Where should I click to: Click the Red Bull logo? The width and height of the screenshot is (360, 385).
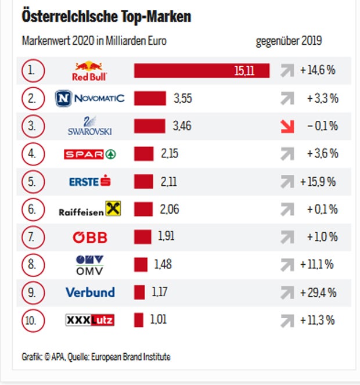[89, 71]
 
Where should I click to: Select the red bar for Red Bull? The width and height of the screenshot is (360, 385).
[201, 71]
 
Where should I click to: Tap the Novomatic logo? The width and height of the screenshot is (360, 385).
[89, 98]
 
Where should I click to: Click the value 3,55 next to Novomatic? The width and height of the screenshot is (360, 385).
[183, 98]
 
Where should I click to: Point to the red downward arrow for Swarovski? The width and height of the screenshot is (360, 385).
[287, 126]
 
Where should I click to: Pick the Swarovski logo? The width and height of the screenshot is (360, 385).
[89, 126]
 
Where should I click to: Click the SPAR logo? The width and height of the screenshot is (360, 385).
[89, 154]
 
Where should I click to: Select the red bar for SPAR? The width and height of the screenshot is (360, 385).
[143, 154]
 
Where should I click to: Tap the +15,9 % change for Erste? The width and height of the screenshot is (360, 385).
[318, 182]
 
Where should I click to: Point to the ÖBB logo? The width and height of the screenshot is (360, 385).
[89, 237]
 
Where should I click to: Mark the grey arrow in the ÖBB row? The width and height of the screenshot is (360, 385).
[287, 237]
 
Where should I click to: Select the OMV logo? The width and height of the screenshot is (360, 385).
[89, 265]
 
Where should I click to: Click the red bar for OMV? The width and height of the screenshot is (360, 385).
[141, 265]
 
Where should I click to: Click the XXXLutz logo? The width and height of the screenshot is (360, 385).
[89, 320]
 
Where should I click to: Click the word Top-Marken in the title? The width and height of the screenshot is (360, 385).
[155, 17]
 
